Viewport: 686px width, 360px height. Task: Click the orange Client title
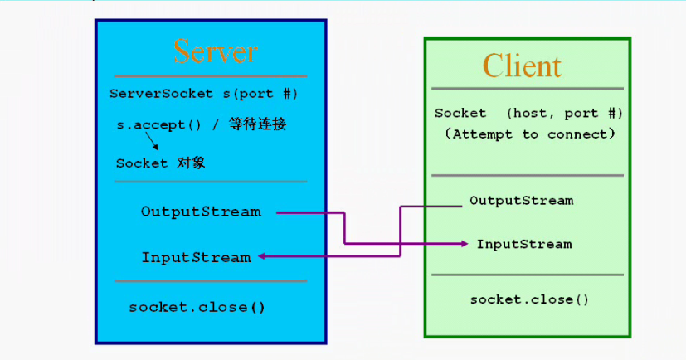[x=522, y=66]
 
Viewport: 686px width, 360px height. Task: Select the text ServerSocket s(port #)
[x=203, y=94]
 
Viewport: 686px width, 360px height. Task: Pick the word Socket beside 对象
[x=142, y=163]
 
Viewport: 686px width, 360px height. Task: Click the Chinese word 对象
[x=191, y=163]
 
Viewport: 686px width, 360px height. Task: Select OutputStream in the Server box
[x=201, y=212]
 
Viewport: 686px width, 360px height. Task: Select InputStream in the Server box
[x=196, y=257]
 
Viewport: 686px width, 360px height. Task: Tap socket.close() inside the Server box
[x=197, y=307]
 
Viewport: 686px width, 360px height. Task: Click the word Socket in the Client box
[x=460, y=113]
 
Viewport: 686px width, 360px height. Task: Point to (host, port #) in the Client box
[x=563, y=113]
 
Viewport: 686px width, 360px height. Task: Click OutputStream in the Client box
[x=521, y=200]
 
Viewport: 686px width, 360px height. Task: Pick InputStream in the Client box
[x=523, y=244]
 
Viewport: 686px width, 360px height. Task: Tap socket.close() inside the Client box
[x=529, y=299]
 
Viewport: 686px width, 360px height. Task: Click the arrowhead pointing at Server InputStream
[x=261, y=256]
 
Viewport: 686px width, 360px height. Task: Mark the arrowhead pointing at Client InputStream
[x=465, y=243]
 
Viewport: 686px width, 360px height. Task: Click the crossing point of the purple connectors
[x=400, y=243]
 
